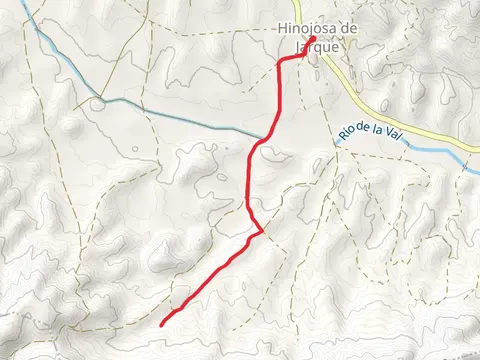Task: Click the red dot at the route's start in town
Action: coord(312,40)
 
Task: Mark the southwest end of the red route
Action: coord(162,322)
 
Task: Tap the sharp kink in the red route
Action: coord(262,230)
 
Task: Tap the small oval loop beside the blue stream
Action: coord(97,103)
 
